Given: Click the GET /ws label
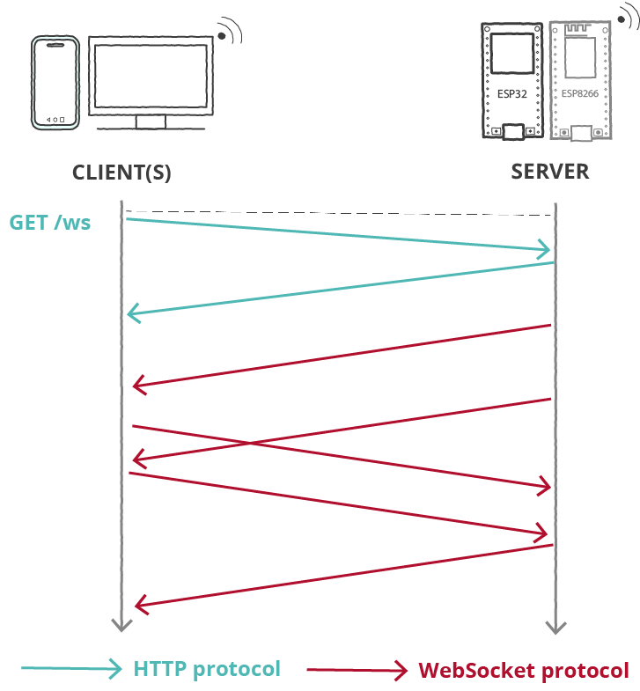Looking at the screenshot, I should tap(50, 223).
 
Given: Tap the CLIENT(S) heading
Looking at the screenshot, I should tap(121, 173).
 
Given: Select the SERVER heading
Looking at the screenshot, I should tap(550, 172).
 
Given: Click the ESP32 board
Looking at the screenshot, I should tap(512, 80).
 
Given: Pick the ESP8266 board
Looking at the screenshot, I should tap(579, 80).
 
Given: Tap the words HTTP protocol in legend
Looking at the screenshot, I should tap(207, 669).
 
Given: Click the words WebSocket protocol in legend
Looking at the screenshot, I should tap(524, 671).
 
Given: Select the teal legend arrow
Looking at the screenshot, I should tap(70, 669).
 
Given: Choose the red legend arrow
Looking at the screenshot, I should tap(357, 671).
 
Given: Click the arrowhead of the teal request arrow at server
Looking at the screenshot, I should tap(546, 250).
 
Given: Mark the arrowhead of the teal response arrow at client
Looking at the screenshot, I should tap(132, 312).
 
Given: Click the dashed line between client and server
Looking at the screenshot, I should tap(339, 213).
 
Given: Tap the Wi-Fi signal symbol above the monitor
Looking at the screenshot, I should tap(230, 32).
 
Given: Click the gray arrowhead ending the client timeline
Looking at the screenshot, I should tap(121, 625).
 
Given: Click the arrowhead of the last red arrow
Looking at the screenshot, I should tap(139, 605).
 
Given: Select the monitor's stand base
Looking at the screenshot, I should tap(151, 129).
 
